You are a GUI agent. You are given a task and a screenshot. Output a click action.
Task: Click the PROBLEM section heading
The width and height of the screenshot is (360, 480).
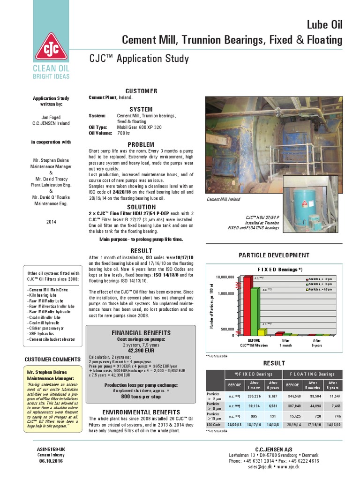pyautogui.click(x=142, y=145)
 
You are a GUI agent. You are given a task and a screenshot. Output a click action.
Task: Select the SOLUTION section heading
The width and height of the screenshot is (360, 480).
pyautogui.click(x=142, y=207)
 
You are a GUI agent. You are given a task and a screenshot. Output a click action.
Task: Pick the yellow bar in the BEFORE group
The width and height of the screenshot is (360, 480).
pyautogui.click(x=261, y=332)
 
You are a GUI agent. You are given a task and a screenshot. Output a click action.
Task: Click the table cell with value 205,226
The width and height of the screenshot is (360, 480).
pyautogui.click(x=254, y=396)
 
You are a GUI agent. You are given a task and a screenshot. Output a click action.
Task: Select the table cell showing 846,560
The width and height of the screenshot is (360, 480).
pyautogui.click(x=292, y=396)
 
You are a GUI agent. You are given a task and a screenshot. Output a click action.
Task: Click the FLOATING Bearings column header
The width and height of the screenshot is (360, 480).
pyautogui.click(x=312, y=374)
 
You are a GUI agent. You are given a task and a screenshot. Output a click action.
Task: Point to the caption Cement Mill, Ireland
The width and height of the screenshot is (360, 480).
pyautogui.click(x=223, y=199)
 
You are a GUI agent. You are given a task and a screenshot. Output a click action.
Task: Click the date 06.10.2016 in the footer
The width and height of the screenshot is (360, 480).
pyautogui.click(x=50, y=461)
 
